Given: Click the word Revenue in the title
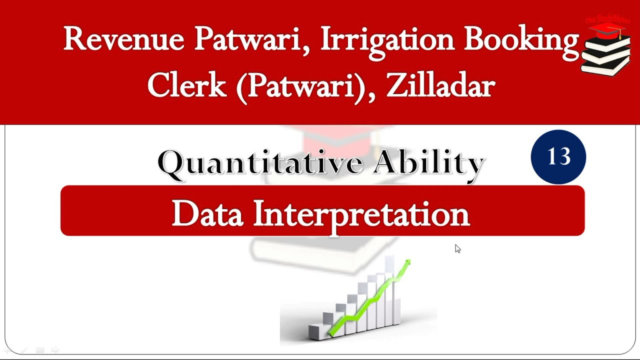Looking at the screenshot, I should [x=123, y=39].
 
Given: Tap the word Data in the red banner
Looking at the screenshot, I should [x=207, y=213].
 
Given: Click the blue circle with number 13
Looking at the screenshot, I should [x=558, y=157].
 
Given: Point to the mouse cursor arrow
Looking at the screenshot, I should [x=457, y=248].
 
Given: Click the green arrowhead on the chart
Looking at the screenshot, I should [x=407, y=263].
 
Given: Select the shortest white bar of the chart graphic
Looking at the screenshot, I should [x=315, y=330].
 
